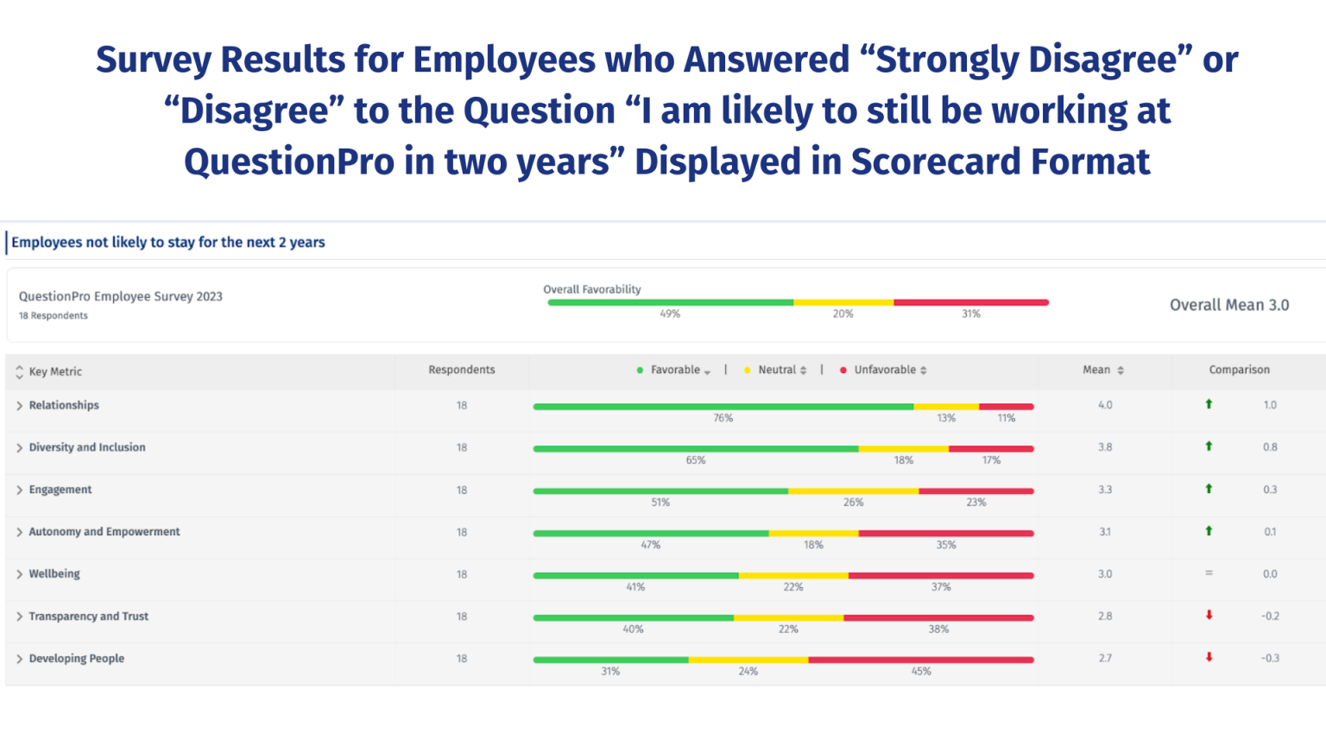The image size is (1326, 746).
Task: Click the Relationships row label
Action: [x=64, y=405]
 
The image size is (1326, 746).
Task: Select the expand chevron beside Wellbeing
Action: [x=19, y=574]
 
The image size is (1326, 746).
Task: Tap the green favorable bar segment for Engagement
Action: [x=660, y=490]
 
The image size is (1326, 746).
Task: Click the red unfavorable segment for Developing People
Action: [x=920, y=660]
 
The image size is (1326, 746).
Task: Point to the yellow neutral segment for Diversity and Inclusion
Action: [x=903, y=448]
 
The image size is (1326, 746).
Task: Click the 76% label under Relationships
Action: [x=723, y=418]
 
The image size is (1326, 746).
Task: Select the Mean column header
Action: [x=1097, y=370]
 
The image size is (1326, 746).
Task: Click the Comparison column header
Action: [x=1239, y=370]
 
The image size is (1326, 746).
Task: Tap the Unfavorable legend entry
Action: [x=885, y=370]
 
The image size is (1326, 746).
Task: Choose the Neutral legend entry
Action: [x=777, y=370]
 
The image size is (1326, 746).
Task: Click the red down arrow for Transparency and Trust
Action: [x=1209, y=616]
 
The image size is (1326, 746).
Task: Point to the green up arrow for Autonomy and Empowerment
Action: [x=1209, y=531]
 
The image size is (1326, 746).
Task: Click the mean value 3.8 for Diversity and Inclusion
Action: [x=1105, y=447]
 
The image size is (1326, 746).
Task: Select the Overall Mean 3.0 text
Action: [x=1228, y=305]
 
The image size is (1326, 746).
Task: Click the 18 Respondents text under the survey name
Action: [x=54, y=316]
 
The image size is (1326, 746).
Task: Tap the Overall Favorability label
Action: [x=592, y=289]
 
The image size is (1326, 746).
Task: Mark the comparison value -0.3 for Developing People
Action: [x=1270, y=658]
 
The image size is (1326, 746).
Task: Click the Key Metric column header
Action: [x=55, y=371]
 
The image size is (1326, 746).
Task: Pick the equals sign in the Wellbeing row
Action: [x=1209, y=573]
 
